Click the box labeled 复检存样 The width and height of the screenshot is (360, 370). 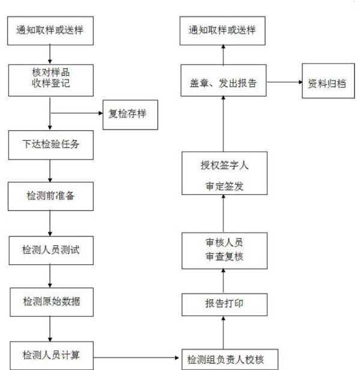[130, 115]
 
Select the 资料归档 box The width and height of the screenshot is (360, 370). [328, 81]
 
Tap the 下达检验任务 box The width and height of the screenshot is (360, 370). [51, 145]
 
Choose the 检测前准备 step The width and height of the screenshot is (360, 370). [50, 196]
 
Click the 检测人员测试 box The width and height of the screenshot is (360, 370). [51, 250]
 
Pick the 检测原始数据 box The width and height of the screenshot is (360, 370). [52, 302]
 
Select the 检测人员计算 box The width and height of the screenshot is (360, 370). [52, 356]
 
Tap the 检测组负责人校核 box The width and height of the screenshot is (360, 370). [230, 360]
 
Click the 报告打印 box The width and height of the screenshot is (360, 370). [224, 305]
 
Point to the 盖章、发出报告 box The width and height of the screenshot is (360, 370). [224, 80]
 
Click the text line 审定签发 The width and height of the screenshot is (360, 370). [224, 186]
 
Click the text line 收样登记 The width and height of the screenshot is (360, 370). [51, 83]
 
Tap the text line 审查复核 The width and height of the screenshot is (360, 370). [224, 257]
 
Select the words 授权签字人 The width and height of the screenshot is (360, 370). [224, 165]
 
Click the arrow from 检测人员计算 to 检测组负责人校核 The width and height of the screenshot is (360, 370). [136, 358]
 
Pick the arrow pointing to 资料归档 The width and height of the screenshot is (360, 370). [284, 82]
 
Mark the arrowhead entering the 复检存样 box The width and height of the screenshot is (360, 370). [101, 113]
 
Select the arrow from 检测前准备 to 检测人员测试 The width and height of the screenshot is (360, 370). [50, 224]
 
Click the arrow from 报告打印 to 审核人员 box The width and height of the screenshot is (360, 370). [223, 281]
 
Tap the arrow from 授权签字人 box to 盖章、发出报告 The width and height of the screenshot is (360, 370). [223, 124]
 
